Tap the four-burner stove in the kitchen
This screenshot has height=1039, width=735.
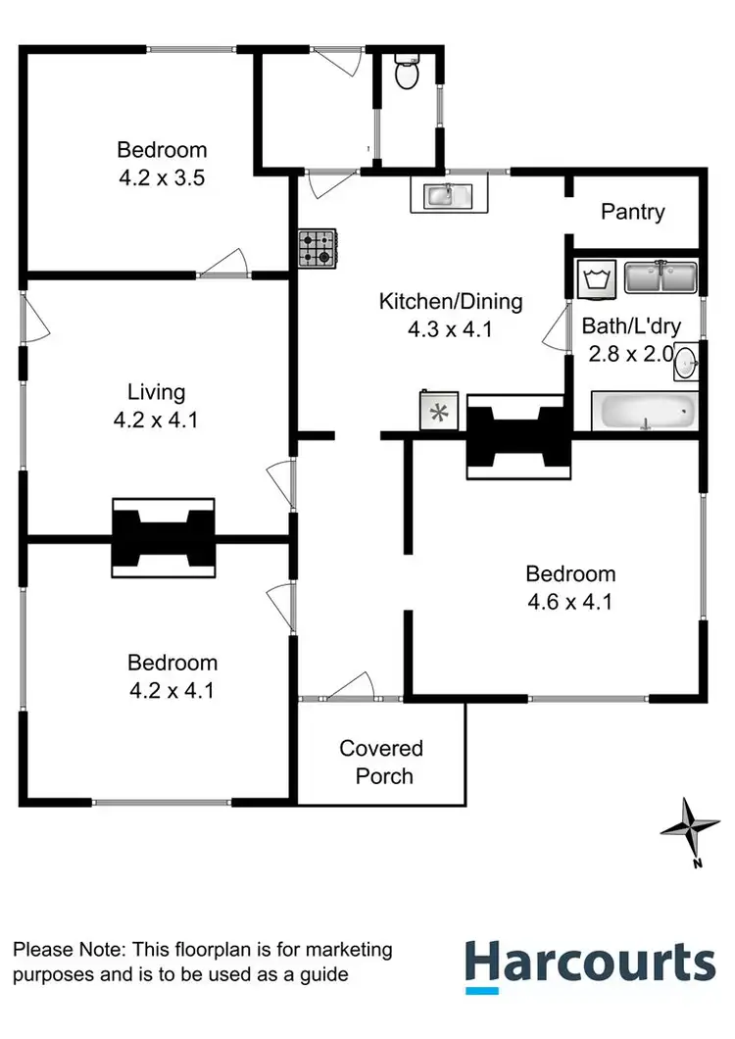(x=317, y=248)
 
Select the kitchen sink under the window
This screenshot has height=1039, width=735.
(x=448, y=196)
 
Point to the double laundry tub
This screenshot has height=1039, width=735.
(x=661, y=277)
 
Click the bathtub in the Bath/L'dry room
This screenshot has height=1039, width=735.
(x=644, y=412)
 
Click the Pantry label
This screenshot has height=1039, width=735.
(x=633, y=212)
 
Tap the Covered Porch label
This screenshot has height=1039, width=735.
(x=381, y=763)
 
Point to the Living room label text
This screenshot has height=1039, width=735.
(x=157, y=393)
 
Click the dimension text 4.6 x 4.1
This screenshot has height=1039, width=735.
(x=570, y=602)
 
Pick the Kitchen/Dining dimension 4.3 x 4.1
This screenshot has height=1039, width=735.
(x=450, y=329)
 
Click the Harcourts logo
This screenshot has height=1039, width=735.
(x=589, y=963)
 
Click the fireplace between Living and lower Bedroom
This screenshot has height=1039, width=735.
(x=162, y=539)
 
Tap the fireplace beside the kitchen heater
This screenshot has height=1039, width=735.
(x=518, y=437)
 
